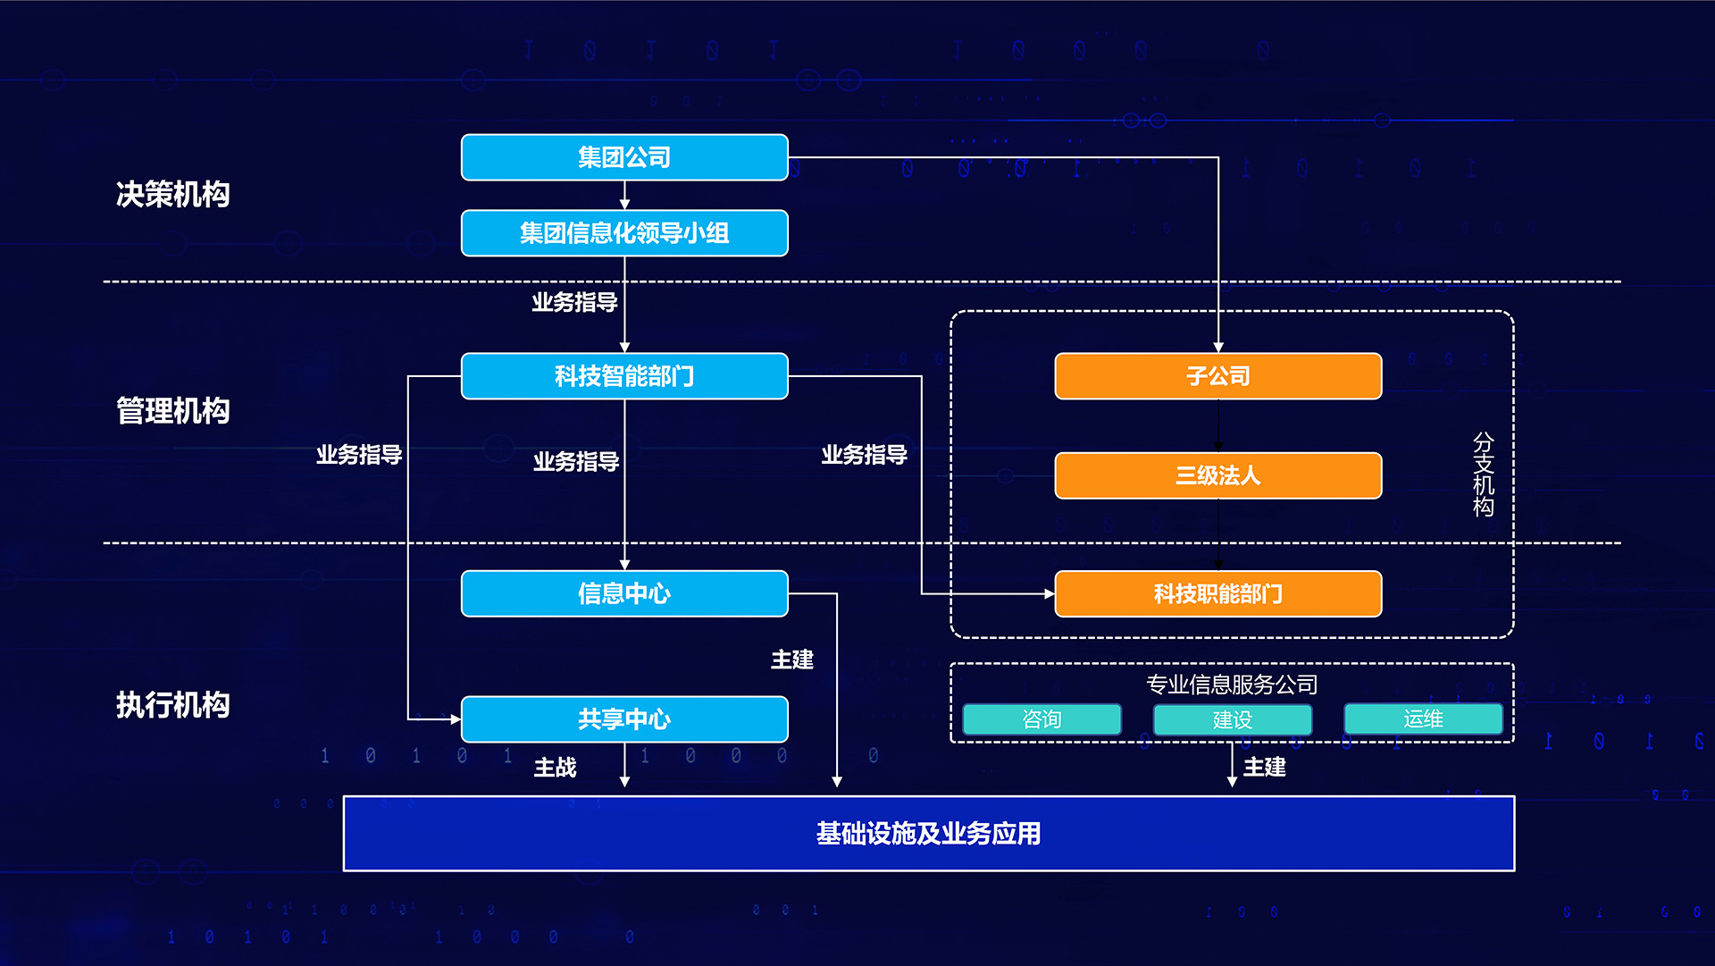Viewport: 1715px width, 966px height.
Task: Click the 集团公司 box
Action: click(x=624, y=157)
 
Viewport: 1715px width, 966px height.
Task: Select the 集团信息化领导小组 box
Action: click(x=624, y=233)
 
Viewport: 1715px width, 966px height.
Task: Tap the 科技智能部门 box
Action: click(x=624, y=376)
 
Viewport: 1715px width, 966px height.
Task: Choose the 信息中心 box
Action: click(x=624, y=593)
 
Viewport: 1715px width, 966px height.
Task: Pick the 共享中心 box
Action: click(x=624, y=719)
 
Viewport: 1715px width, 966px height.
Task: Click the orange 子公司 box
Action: click(x=1218, y=376)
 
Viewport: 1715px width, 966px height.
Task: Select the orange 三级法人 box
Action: click(x=1218, y=475)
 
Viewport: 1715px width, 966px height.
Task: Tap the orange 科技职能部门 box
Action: click(x=1218, y=593)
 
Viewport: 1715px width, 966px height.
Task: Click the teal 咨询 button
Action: click(x=1042, y=719)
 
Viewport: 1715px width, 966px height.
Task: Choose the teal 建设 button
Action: click(x=1233, y=719)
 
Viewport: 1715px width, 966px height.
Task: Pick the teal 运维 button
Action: click(x=1423, y=718)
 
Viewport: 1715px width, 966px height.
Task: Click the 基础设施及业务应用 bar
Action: click(x=929, y=834)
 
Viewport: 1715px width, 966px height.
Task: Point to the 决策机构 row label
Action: click(x=173, y=194)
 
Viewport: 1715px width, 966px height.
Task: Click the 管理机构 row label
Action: click(x=173, y=411)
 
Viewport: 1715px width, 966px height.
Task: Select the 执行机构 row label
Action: click(x=173, y=705)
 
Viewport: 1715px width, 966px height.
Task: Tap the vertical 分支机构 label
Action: click(x=1484, y=475)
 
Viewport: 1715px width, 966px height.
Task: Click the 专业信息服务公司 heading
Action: click(x=1232, y=685)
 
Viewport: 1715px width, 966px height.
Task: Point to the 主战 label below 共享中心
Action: click(x=555, y=768)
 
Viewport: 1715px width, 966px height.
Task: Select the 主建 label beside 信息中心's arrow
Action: click(x=792, y=659)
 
